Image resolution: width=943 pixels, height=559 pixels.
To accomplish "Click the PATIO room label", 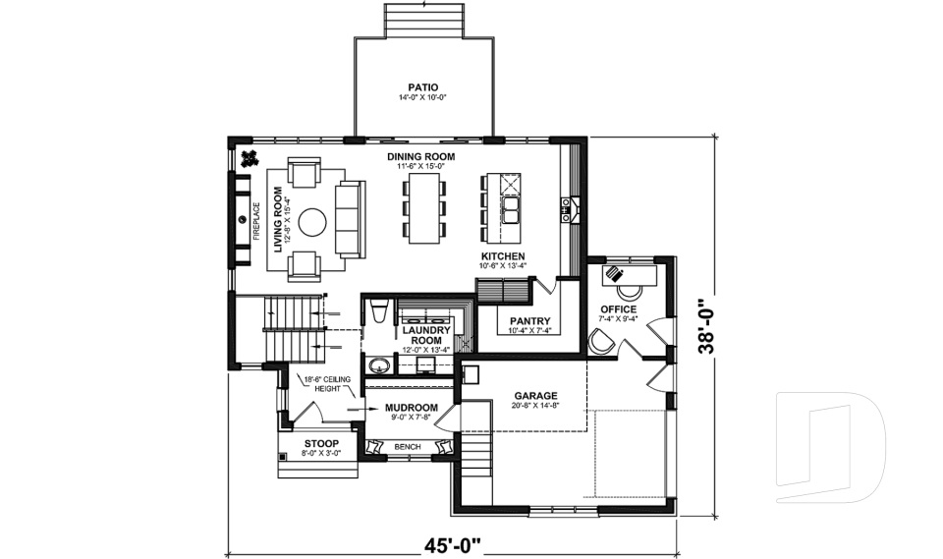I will coord(422,86).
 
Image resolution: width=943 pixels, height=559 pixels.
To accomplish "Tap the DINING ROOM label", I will coord(421,157).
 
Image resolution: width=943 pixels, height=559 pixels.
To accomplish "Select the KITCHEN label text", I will coord(502,256).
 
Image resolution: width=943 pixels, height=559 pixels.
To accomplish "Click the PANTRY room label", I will coord(529,321).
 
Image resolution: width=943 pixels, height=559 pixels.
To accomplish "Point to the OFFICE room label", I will coord(619,309).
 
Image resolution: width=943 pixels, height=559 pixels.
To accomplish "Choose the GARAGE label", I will coord(534,396).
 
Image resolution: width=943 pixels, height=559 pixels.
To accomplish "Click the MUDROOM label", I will coord(410,407).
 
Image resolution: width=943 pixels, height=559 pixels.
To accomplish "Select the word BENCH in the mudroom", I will coord(407,447).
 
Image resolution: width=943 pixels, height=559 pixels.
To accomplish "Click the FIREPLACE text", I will coord(256,221).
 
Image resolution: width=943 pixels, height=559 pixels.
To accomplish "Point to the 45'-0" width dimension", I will coord(453,542).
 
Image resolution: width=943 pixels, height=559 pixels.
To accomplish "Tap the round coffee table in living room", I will coord(312,222).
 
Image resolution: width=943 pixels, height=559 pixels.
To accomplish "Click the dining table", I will coord(423,208).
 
